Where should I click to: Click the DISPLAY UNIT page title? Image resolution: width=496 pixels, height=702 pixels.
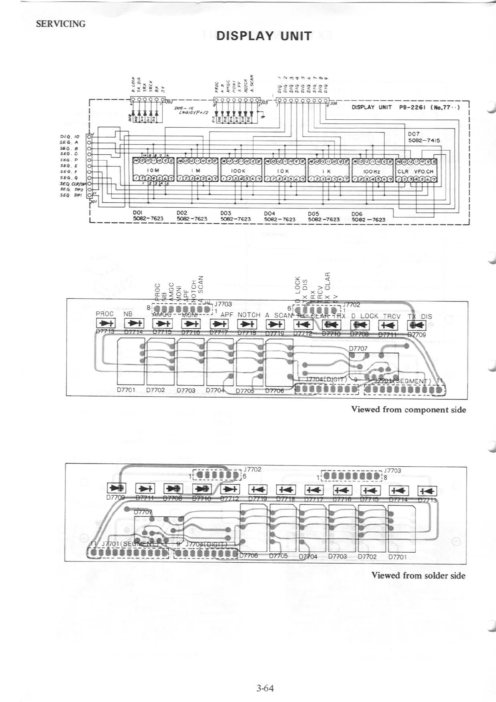264,36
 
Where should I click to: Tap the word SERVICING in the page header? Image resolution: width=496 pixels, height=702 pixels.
60,24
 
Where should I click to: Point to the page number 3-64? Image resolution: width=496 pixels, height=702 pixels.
265,688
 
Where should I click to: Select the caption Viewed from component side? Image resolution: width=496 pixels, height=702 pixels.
408,409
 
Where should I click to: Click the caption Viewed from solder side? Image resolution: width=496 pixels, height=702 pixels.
418,576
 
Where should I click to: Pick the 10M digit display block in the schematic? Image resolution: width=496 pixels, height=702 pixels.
153,171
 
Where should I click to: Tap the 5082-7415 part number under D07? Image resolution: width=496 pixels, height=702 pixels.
423,141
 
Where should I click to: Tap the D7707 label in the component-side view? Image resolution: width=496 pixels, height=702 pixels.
358,348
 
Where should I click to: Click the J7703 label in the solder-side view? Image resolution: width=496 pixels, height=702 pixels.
393,471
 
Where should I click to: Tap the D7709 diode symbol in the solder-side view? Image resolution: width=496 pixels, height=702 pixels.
117,488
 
